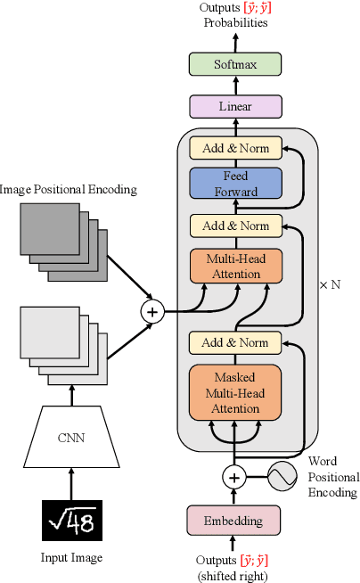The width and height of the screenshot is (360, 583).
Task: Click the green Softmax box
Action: click(x=235, y=64)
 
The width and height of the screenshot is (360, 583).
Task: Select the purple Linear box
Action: click(x=235, y=107)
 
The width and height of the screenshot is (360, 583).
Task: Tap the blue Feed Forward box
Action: click(x=235, y=185)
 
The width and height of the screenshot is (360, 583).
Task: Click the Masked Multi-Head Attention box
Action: click(x=235, y=392)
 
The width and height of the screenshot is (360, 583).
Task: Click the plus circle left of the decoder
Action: click(x=152, y=311)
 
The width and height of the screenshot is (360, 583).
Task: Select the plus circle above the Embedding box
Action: click(x=235, y=478)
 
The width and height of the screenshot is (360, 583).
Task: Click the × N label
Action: click(x=330, y=285)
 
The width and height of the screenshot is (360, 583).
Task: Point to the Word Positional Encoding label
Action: click(x=332, y=477)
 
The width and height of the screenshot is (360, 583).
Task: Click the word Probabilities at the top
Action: click(x=235, y=23)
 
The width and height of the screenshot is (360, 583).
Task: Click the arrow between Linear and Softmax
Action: click(x=235, y=86)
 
